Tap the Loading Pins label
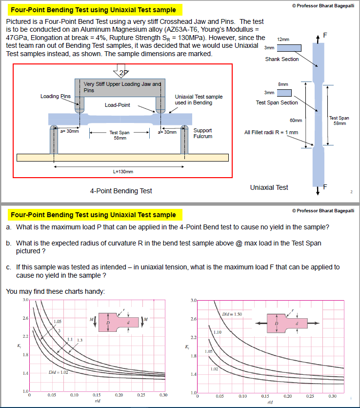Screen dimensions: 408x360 [x=57, y=96]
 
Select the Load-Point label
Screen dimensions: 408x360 [x=118, y=105]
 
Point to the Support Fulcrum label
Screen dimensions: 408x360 [x=203, y=133]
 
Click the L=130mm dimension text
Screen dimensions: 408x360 [x=122, y=171]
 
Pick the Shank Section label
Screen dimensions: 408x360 [x=282, y=59]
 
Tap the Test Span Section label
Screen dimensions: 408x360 [x=277, y=102]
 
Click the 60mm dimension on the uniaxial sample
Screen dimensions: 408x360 [x=296, y=120]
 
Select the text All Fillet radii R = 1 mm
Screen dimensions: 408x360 [x=271, y=132]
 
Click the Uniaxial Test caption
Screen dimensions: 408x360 [x=269, y=187]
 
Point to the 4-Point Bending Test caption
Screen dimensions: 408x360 [x=121, y=191]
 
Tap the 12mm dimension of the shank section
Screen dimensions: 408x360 [x=283, y=39]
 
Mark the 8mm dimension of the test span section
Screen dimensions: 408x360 [x=283, y=84]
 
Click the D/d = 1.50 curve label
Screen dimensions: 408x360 [x=232, y=313]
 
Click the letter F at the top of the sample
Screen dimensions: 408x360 [x=325, y=35]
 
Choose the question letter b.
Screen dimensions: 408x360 [x=9, y=243]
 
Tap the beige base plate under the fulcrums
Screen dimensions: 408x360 [x=122, y=158]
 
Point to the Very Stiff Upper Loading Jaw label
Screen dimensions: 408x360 [x=121, y=86]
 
